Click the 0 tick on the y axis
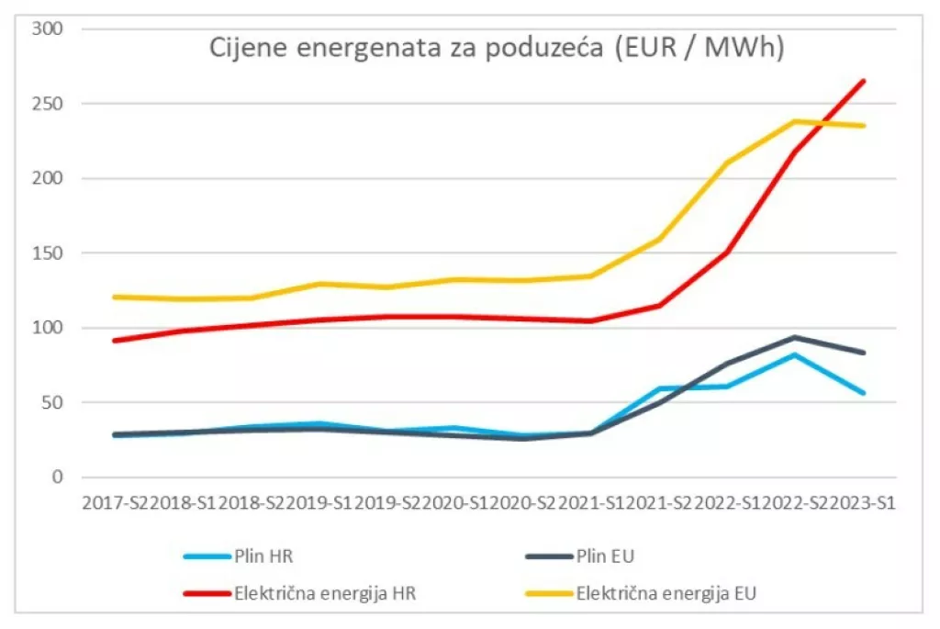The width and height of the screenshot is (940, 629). click(58, 477)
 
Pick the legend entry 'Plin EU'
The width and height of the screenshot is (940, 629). click(607, 555)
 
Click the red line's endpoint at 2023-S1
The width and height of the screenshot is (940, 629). click(864, 81)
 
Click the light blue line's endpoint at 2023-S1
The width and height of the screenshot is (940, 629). click(864, 393)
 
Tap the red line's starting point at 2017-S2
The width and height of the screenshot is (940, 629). click(112, 341)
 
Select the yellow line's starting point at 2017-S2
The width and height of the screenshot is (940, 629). click(112, 297)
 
